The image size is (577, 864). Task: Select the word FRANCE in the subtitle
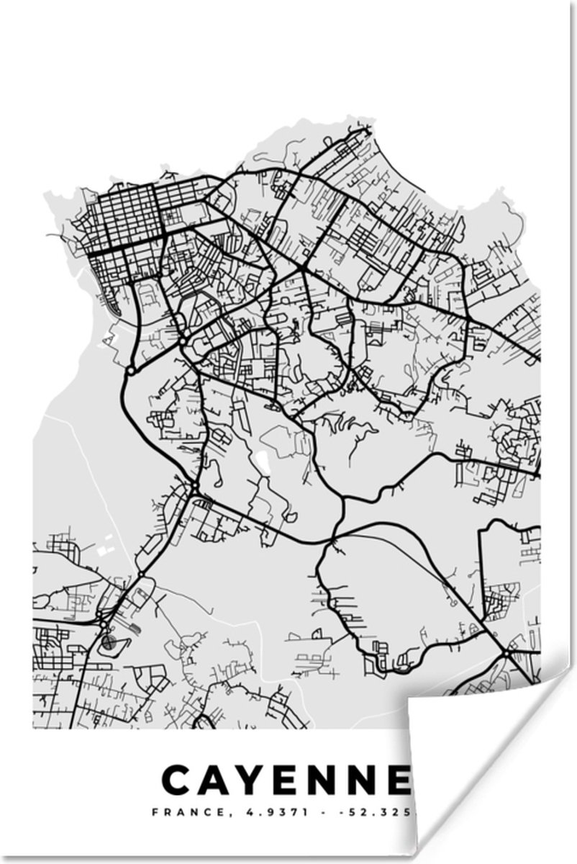(177, 813)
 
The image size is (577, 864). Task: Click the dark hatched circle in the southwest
(109, 642)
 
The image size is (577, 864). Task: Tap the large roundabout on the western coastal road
(131, 370)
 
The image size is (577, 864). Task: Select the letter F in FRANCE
(154, 813)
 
